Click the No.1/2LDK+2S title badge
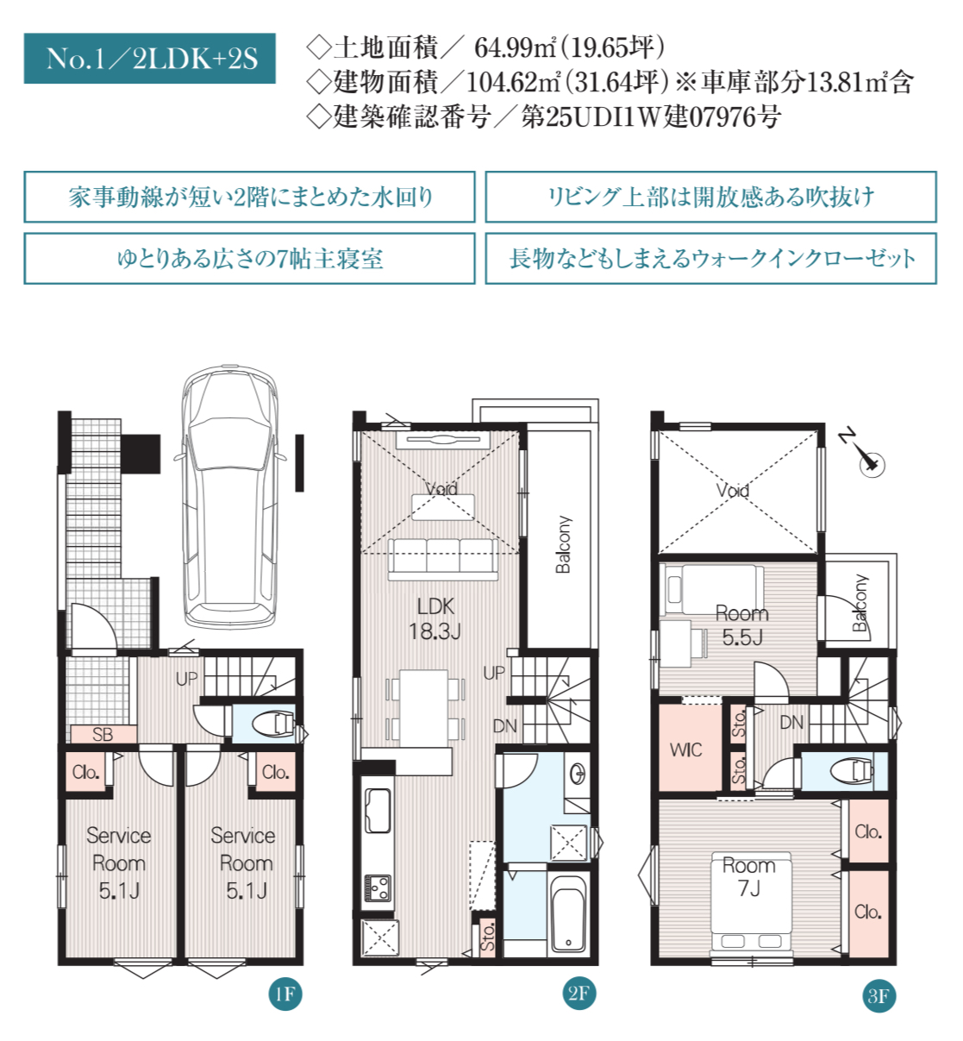tap(149, 58)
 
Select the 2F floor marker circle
tap(578, 993)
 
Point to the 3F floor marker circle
tap(879, 995)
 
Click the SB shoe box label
tap(103, 734)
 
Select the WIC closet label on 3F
tap(685, 750)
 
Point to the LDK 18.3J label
tap(435, 619)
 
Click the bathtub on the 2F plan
tap(568, 914)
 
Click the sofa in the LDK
tap(443, 559)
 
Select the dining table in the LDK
tap(424, 708)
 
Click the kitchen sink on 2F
tap(377, 811)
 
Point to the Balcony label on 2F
tap(563, 544)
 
